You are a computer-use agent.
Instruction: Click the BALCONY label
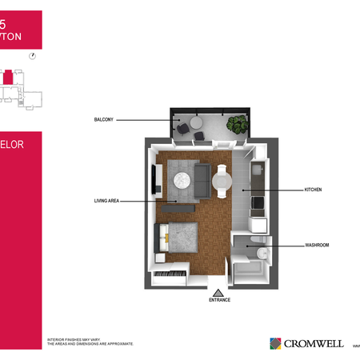pos(105,119)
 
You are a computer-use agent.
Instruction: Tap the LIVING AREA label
pos(106,201)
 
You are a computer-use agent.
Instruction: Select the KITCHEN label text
pos(313,190)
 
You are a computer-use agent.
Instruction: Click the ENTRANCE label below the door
pos(219,300)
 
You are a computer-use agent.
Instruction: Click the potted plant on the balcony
pos(237,125)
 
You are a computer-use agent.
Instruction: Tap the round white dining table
pos(222,182)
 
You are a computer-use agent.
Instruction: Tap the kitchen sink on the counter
pos(258,170)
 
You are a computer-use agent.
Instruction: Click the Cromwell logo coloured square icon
pos(275,343)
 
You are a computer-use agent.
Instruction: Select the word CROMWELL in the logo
pos(313,343)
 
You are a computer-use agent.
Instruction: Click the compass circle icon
pos(32,56)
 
